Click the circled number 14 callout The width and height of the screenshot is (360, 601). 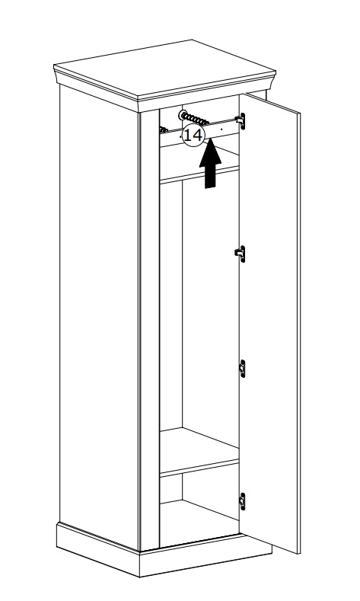tap(193, 135)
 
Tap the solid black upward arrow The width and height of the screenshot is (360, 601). tap(210, 164)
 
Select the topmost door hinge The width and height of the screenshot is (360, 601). tap(241, 121)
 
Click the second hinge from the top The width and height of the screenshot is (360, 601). tap(241, 254)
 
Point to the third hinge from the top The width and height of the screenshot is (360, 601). tap(242, 369)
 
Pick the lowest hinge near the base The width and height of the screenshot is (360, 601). tap(242, 501)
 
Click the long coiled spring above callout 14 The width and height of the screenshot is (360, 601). tap(196, 120)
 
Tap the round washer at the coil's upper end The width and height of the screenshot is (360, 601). tap(183, 114)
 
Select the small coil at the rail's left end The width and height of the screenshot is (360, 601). tap(164, 130)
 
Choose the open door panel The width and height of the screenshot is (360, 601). tap(269, 322)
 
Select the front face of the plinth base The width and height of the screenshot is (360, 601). tap(205, 557)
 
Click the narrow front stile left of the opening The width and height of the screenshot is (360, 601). tap(149, 330)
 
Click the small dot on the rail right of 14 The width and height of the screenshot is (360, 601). tap(221, 130)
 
